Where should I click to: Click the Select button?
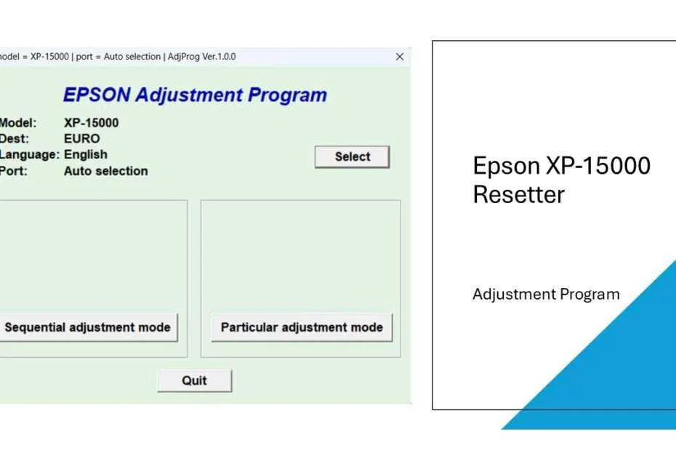tap(353, 157)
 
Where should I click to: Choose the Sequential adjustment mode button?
tap(87, 327)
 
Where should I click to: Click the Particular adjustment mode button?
tap(302, 327)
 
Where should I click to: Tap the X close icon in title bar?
tap(399, 57)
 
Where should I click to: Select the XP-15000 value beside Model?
tap(91, 123)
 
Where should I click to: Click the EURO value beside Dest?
tap(81, 138)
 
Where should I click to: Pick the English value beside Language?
tap(85, 154)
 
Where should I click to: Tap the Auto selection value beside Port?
tap(105, 171)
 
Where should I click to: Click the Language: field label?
tap(29, 154)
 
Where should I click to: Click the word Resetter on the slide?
tap(518, 195)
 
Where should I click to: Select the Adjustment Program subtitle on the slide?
tap(546, 295)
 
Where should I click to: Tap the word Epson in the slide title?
tap(506, 167)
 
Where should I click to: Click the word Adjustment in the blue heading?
tap(188, 95)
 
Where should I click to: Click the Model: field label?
tap(18, 123)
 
